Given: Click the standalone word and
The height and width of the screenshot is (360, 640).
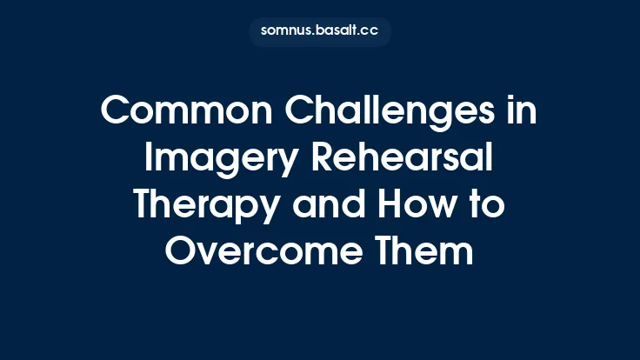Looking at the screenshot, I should pyautogui.click(x=330, y=207).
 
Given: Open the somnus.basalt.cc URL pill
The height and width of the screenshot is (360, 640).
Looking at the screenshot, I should pyautogui.click(x=319, y=30).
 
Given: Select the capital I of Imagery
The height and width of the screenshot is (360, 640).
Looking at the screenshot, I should pyautogui.click(x=148, y=160).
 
